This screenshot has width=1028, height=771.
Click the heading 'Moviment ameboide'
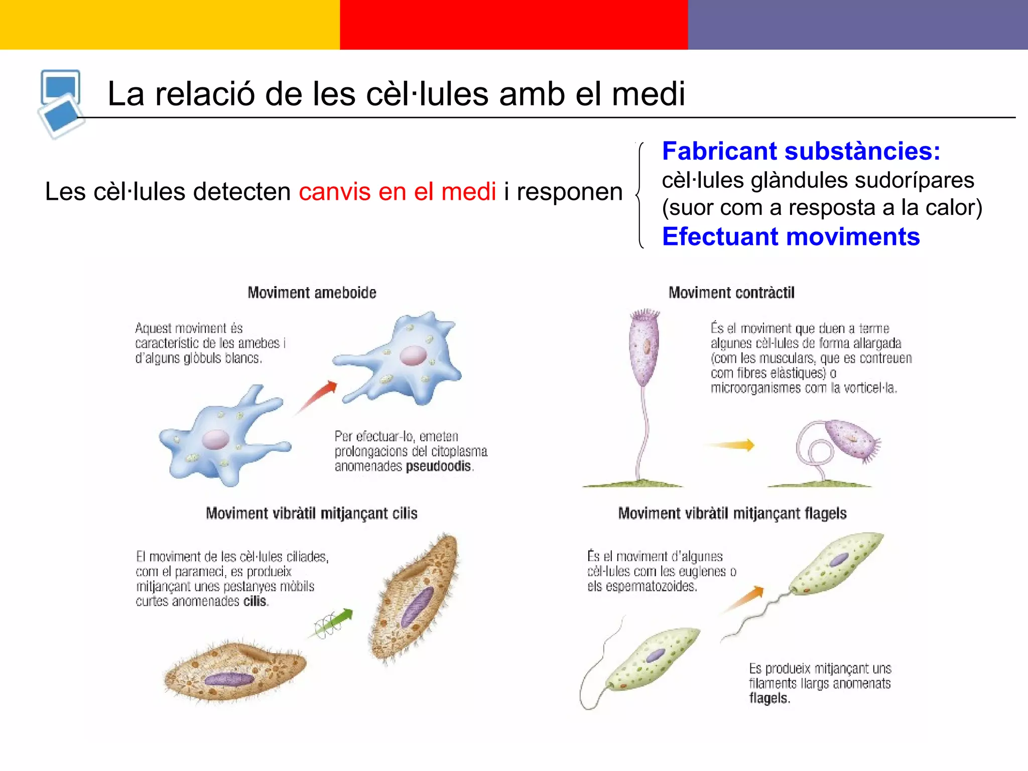tap(312, 293)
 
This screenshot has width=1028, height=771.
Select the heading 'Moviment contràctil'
tap(731, 293)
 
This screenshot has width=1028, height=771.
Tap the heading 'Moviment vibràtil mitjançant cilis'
tap(312, 513)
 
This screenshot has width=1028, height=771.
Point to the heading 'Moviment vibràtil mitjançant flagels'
tap(732, 513)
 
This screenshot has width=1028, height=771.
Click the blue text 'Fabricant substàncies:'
tap(801, 151)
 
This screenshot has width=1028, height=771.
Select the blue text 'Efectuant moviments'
tap(791, 236)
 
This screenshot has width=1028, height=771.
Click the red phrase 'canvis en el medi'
tap(398, 192)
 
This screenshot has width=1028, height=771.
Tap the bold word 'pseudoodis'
tap(438, 466)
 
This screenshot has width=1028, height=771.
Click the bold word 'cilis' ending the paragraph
tap(255, 601)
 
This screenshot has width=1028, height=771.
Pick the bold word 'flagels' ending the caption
tap(768, 698)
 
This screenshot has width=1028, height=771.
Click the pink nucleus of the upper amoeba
tap(413, 356)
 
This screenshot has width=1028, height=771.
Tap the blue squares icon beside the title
tap(61, 103)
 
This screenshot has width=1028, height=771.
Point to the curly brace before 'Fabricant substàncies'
tap(640, 195)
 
